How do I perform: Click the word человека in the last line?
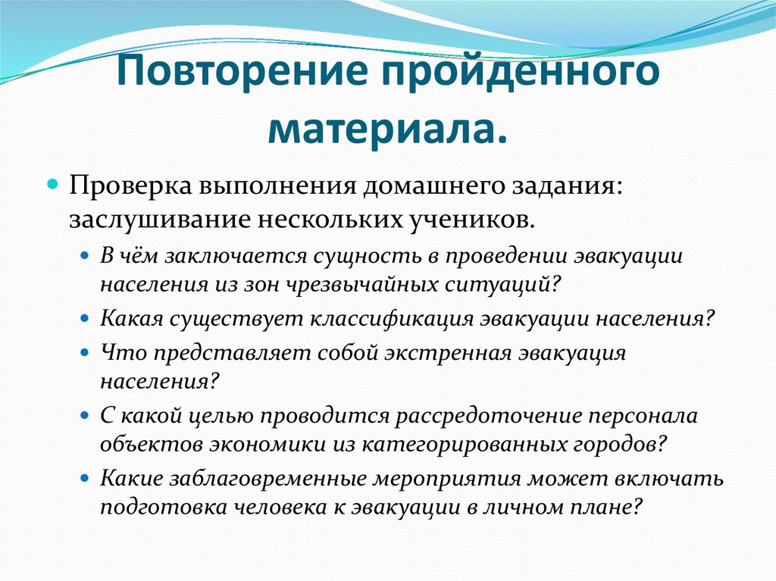(x=261, y=508)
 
